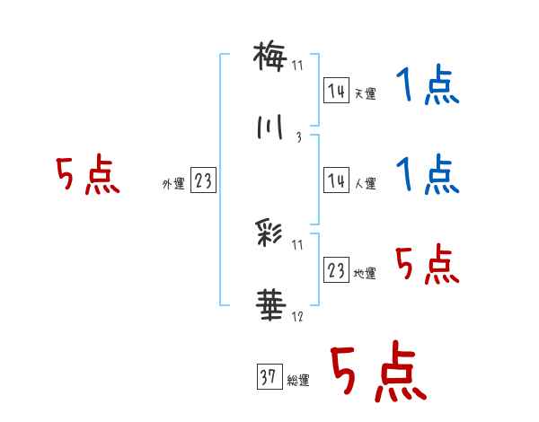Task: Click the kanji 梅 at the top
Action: coord(269,57)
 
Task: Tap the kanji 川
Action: coord(269,127)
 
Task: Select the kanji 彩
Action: coord(269,236)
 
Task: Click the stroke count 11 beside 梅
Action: coord(298,66)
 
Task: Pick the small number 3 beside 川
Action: coord(297,137)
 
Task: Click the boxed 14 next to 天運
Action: coord(336,91)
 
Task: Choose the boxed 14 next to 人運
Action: coord(336,180)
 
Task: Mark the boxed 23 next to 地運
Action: coord(336,270)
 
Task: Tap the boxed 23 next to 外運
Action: coord(203,181)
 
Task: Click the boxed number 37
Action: coord(267,377)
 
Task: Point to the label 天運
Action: coord(365,93)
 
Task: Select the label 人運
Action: coord(365,183)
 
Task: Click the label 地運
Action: coord(365,273)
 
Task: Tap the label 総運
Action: coord(297,380)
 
